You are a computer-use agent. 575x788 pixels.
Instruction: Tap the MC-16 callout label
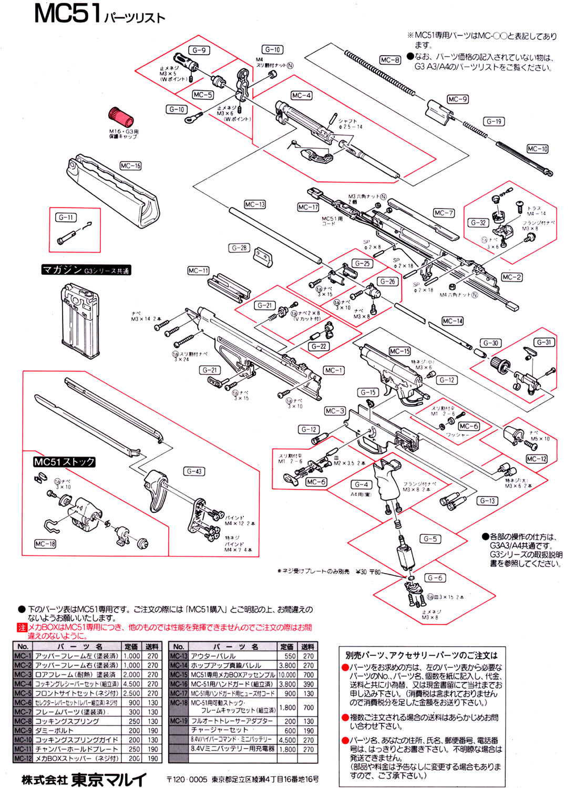130,166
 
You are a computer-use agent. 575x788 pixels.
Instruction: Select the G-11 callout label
67,217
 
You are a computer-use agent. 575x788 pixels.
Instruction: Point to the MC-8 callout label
390,60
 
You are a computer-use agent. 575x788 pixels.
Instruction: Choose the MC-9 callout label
457,99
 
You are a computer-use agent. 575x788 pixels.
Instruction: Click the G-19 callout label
494,121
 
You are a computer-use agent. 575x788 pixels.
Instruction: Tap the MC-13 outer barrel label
255,204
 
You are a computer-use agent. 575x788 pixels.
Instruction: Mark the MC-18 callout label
45,544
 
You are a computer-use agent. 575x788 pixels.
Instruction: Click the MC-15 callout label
399,351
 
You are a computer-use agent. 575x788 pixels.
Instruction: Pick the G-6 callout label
435,578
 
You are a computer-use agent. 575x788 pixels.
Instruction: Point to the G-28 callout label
239,247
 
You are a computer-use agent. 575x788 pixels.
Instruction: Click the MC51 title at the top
67,14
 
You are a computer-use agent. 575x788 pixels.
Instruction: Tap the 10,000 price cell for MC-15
287,675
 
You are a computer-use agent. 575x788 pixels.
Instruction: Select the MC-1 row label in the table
23,656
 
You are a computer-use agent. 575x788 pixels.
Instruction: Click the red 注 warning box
22,627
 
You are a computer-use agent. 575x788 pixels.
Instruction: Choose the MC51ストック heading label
64,462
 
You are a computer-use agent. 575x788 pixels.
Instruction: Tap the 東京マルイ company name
109,779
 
